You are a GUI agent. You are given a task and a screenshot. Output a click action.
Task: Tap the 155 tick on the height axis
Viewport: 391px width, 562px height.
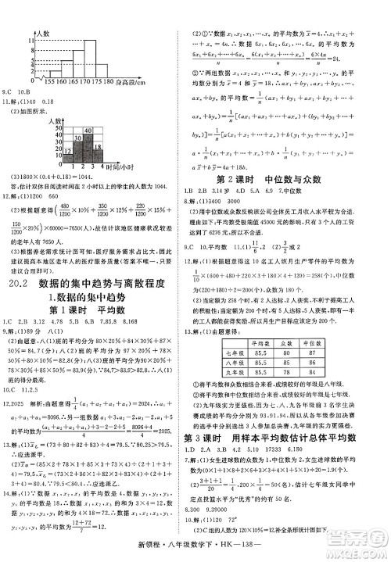(x=52, y=81)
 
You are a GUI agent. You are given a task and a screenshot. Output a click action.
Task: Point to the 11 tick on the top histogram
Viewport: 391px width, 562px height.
(x=28, y=39)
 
